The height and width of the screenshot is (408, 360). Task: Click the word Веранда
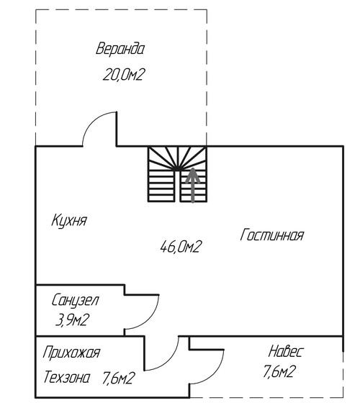[x=120, y=49]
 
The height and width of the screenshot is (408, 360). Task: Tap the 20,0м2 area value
[x=123, y=75]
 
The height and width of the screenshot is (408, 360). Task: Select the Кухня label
[x=69, y=221]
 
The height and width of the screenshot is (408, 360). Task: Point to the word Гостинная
[x=271, y=235]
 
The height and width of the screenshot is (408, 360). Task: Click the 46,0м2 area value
[x=181, y=247]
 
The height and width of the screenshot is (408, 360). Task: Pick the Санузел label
[x=75, y=301]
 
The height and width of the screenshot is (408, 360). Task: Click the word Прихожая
[x=71, y=353]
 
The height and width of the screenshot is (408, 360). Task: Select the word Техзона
[x=67, y=377]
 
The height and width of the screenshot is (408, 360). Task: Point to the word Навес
[x=285, y=351]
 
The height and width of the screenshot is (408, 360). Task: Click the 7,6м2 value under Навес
[x=279, y=371]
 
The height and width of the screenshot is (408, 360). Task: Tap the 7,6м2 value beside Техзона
[x=118, y=378]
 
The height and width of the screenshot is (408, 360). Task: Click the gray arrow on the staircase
[x=192, y=185]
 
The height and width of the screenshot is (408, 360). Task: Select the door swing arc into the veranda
[x=92, y=120]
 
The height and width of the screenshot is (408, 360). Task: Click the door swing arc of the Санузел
[x=150, y=319]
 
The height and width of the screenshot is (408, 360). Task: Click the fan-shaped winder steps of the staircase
[x=178, y=158]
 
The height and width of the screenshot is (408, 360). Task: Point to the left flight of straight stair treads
[x=161, y=186]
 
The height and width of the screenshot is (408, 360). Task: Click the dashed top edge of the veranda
[x=121, y=10]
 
